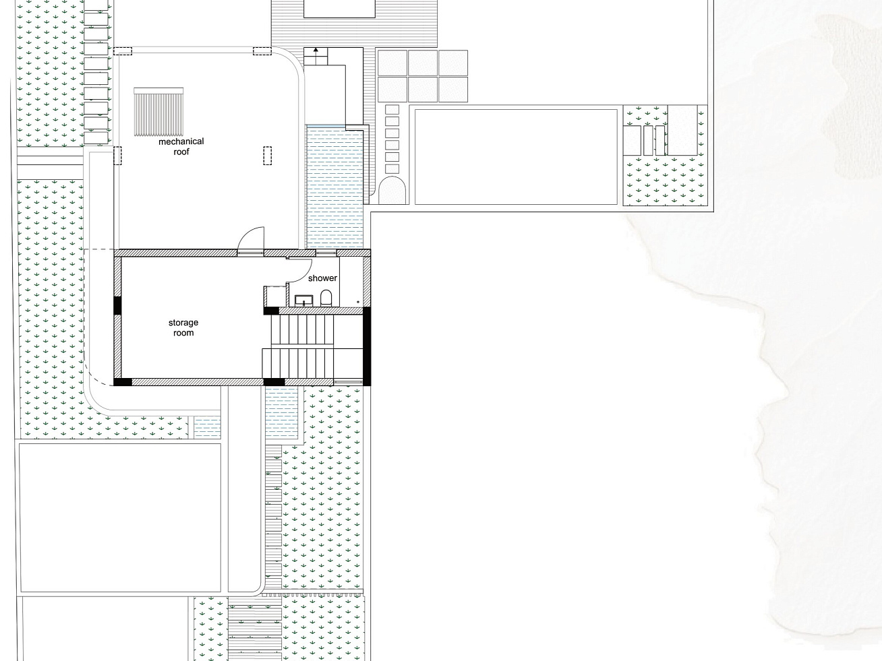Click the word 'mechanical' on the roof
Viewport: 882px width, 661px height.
point(181,141)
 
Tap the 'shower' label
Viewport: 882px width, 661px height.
point(322,278)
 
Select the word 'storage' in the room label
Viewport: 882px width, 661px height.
point(183,323)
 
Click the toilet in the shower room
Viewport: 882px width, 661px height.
point(326,298)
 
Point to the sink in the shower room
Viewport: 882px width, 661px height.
point(304,301)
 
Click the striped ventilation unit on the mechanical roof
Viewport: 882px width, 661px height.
point(158,112)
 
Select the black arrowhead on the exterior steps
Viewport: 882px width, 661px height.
point(316,50)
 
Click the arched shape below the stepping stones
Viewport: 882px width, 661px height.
point(392,190)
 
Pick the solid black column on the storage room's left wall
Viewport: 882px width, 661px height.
point(117,305)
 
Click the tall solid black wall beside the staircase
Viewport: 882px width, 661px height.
point(366,346)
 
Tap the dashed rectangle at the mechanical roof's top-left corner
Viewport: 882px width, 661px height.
point(123,51)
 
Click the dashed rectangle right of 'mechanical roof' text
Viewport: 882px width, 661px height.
point(267,156)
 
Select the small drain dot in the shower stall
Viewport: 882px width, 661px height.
point(358,302)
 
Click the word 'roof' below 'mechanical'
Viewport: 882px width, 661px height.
point(181,152)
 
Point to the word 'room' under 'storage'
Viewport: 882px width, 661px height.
point(183,333)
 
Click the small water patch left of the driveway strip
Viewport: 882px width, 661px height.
point(207,427)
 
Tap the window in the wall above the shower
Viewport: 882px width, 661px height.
point(326,253)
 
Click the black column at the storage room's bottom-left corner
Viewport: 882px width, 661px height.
point(123,381)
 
